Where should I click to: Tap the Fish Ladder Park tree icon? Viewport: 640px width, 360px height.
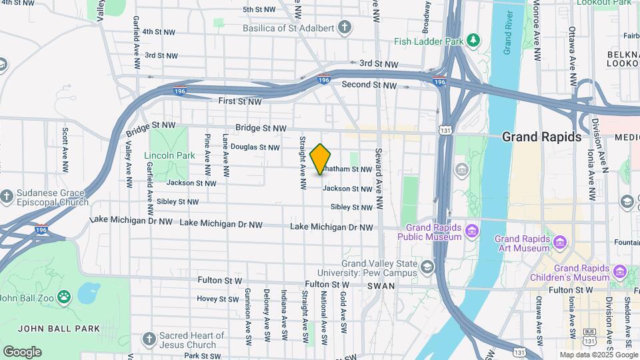[474, 40]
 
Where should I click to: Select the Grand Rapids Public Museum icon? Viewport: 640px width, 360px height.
[472, 231]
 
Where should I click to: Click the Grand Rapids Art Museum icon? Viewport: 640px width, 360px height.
[560, 240]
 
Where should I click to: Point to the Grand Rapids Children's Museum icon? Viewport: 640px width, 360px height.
[620, 271]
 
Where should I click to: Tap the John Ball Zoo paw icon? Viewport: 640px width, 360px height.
[64, 296]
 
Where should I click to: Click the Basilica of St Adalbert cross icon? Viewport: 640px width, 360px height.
[344, 27]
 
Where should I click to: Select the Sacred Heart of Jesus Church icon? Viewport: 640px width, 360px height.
[148, 339]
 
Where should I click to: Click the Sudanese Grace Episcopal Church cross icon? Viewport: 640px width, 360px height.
[7, 196]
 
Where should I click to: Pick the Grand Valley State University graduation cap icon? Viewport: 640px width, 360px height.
[427, 267]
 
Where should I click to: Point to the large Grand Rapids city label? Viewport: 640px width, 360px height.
[541, 137]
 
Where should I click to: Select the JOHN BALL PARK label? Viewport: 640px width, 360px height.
[59, 328]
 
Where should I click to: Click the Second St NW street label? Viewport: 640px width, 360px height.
[368, 85]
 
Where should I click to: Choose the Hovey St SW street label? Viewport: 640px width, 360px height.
[217, 299]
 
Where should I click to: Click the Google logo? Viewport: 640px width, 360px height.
[22, 352]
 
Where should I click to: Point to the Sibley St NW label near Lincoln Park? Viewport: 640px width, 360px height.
[179, 201]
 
